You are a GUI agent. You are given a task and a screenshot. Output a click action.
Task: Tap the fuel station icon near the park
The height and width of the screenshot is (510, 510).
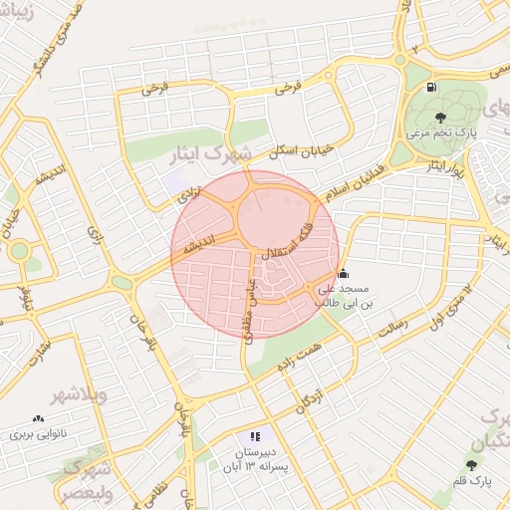(x=431, y=87)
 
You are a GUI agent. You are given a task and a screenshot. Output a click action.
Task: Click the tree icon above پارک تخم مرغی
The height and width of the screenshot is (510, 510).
(x=441, y=117)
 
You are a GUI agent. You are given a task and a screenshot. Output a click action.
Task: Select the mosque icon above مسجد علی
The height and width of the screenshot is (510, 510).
(x=344, y=273)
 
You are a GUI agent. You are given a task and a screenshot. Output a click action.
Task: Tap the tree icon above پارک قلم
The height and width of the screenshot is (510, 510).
(x=470, y=464)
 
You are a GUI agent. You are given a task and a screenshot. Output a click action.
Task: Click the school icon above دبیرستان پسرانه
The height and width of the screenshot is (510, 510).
(x=255, y=436)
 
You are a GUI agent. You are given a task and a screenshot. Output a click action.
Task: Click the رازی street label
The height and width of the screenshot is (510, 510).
(x=96, y=235)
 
